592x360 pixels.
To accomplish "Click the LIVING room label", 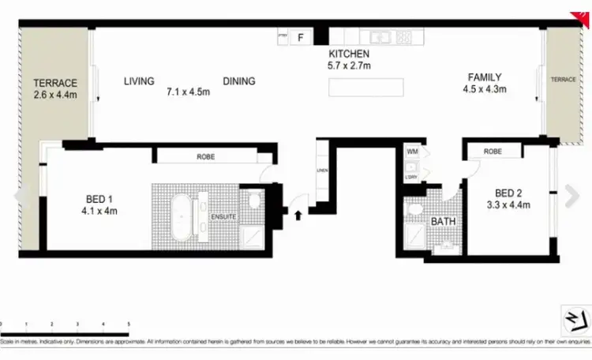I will coord(138,81).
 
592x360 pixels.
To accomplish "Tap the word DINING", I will coord(239,81).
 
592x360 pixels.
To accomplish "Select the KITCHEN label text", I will coord(350,54).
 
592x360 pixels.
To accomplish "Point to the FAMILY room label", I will coord(485,77).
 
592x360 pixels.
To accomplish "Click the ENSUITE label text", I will coord(222,216).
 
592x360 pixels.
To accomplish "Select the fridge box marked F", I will coord(300,37).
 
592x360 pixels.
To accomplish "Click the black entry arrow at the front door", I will coord(298,212).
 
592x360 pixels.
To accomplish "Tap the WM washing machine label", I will coord(412,150).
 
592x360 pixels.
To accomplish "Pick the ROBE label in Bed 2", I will coord(493,151).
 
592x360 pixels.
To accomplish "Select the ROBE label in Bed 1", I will coord(206,157).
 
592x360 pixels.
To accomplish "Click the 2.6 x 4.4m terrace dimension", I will coord(54,96).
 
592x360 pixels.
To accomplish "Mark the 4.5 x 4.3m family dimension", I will coord(485,89).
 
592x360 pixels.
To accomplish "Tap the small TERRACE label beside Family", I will coord(563,80).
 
